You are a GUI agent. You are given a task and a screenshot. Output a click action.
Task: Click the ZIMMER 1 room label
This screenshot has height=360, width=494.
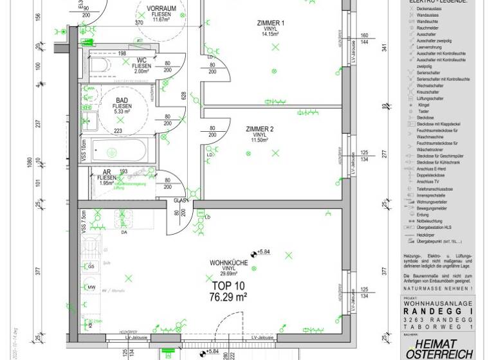[x=270, y=23]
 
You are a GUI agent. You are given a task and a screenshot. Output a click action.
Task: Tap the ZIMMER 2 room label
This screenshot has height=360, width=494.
[x=260, y=129]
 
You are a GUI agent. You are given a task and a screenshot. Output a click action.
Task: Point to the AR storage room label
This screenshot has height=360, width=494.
[x=107, y=172]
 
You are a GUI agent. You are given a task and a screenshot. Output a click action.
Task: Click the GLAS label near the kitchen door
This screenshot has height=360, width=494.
[x=181, y=201]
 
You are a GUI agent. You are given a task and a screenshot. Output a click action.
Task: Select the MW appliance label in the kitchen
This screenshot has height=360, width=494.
[x=91, y=287]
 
